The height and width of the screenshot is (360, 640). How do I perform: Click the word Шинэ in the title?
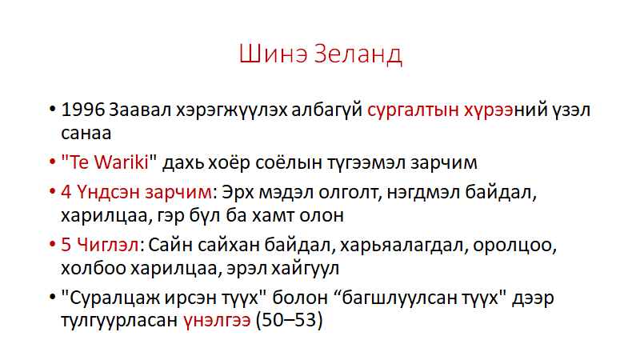pos(273,54)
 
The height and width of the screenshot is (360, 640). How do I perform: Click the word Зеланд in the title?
pos(358,54)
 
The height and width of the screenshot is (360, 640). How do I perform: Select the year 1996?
pos(83,110)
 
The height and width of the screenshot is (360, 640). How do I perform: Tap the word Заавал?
pos(140,110)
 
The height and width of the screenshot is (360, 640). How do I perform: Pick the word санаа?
pos(86,134)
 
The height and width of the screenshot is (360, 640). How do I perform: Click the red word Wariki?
pos(122,162)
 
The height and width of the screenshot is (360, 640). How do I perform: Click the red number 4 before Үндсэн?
pos(66,192)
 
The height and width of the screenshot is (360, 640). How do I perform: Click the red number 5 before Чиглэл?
pos(66,245)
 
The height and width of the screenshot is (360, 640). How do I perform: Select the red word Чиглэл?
pos(108,245)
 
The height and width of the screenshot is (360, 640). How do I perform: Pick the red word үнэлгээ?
pos(217,321)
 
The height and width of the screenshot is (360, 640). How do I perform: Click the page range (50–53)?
pos(289,321)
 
